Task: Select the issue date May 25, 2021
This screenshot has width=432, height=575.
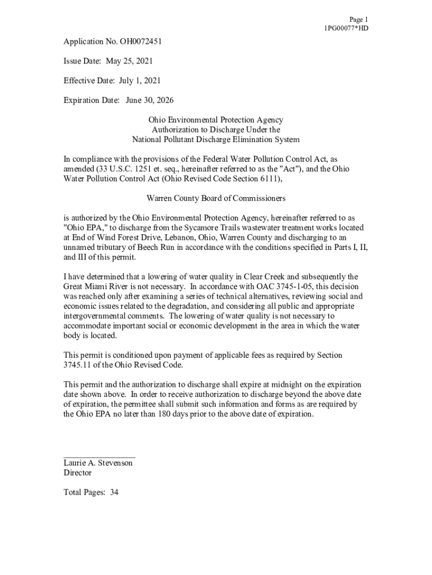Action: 127,61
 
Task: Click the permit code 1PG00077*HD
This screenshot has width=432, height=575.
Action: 346,28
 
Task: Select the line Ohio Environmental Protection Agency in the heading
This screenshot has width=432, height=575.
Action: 215,120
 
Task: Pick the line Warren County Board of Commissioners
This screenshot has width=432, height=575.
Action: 215,198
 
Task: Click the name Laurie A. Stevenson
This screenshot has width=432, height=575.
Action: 98,463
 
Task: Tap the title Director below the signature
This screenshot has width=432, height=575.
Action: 77,473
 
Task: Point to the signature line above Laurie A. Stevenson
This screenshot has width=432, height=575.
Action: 99,455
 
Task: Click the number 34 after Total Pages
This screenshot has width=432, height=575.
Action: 114,492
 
